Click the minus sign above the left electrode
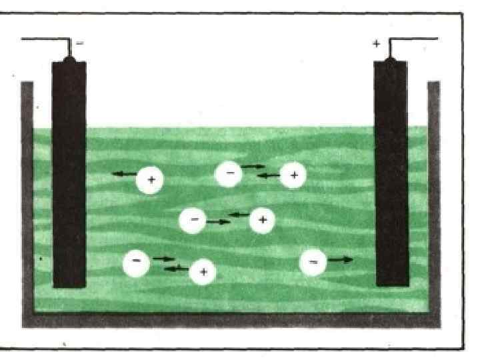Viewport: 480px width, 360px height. [x=81, y=43]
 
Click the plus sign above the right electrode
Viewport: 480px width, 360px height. [x=377, y=44]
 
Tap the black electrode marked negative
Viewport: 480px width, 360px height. [x=69, y=173]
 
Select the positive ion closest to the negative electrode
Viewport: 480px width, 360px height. [x=151, y=180]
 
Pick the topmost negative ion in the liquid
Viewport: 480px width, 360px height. [x=229, y=173]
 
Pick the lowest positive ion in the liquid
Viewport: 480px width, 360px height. [x=203, y=272]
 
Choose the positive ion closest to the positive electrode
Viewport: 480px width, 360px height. [x=293, y=175]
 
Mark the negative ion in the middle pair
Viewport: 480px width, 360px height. [x=193, y=220]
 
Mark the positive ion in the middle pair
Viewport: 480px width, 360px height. [x=263, y=220]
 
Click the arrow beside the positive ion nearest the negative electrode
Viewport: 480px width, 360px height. [x=123, y=175]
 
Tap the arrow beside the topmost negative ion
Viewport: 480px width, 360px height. [x=253, y=166]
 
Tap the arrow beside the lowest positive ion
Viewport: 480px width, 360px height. [x=176, y=268]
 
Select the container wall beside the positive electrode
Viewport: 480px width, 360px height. [x=434, y=200]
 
